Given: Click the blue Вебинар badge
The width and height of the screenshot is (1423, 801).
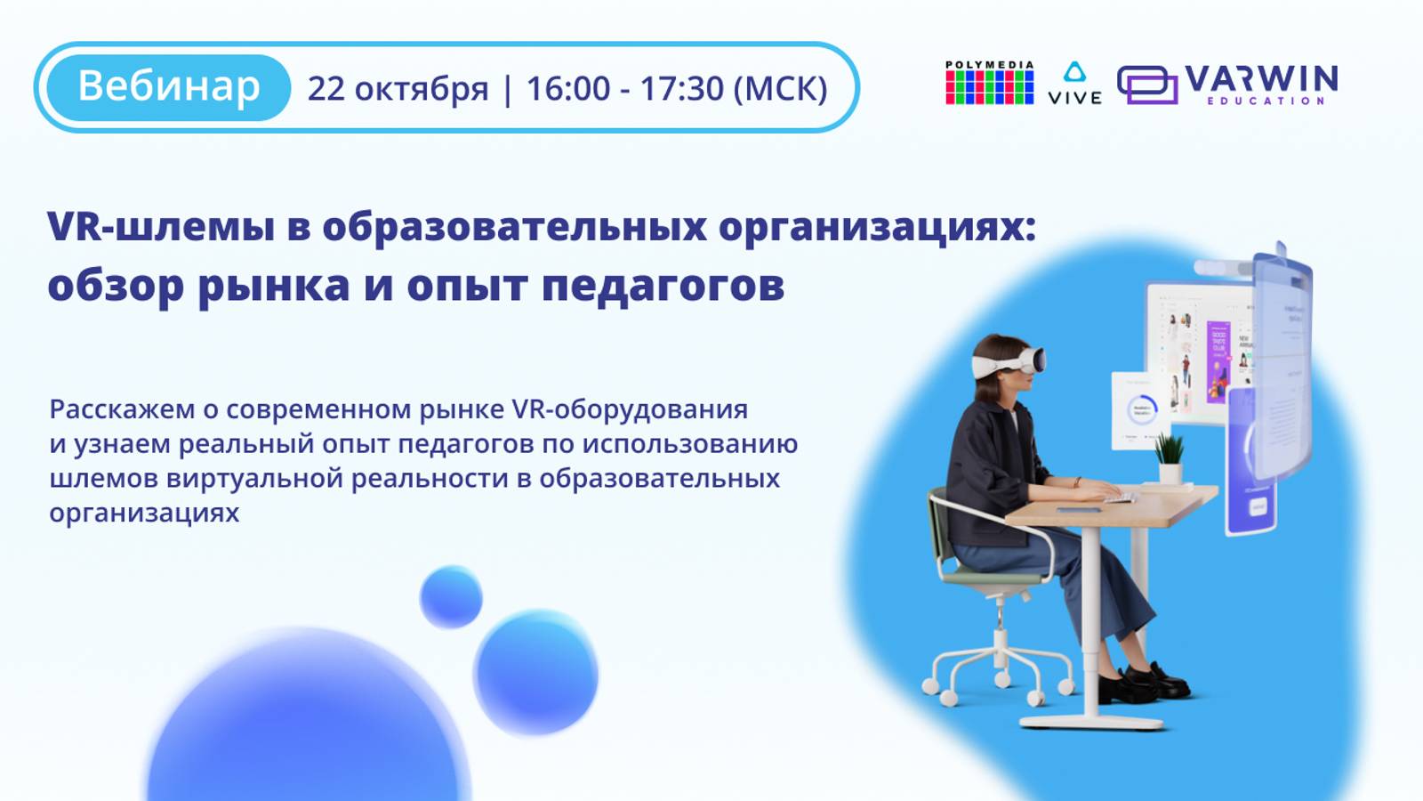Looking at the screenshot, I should pyautogui.click(x=168, y=87).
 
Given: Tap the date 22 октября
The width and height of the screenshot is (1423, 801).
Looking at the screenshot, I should pyautogui.click(x=398, y=89).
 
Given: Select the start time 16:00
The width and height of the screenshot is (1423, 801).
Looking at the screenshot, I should pyautogui.click(x=568, y=89).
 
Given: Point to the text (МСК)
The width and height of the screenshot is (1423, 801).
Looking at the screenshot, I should pyautogui.click(x=780, y=89).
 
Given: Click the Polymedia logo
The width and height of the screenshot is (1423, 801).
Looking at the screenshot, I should pyautogui.click(x=989, y=84).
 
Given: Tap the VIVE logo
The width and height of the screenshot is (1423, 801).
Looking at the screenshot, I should pyautogui.click(x=1074, y=85).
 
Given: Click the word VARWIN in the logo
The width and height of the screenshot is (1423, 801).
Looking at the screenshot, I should pyautogui.click(x=1260, y=79).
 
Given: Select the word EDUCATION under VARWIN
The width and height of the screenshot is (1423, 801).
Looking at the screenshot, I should pyautogui.click(x=1266, y=101).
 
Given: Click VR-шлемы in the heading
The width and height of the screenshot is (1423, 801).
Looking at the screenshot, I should pyautogui.click(x=160, y=226).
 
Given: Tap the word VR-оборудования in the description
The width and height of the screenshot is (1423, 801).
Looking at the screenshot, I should pyautogui.click(x=630, y=409).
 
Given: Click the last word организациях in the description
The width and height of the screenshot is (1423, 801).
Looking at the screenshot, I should pyautogui.click(x=144, y=514).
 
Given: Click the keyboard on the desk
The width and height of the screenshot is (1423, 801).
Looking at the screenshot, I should pyautogui.click(x=1119, y=497).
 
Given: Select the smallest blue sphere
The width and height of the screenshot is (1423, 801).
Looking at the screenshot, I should pyautogui.click(x=451, y=596).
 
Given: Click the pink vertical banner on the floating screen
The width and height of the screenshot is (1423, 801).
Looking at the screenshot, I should pyautogui.click(x=1218, y=360).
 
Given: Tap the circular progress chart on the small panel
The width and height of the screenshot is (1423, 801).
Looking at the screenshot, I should pyautogui.click(x=1141, y=410).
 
